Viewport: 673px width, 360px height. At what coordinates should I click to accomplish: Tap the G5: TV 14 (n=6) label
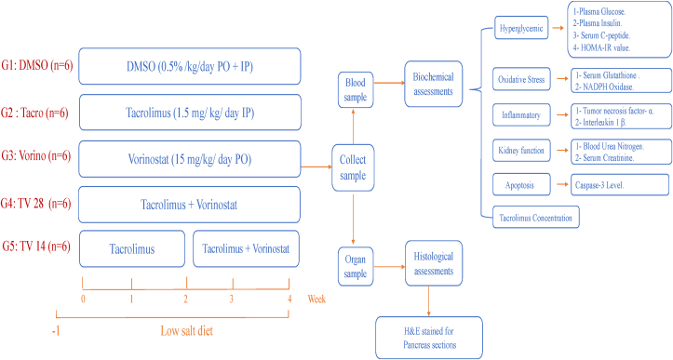pyautogui.click(x=38, y=247)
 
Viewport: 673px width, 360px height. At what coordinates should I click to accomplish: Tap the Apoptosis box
pyautogui.click(x=516, y=185)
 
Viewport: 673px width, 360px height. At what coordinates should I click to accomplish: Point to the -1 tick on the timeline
pyautogui.click(x=58, y=329)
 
